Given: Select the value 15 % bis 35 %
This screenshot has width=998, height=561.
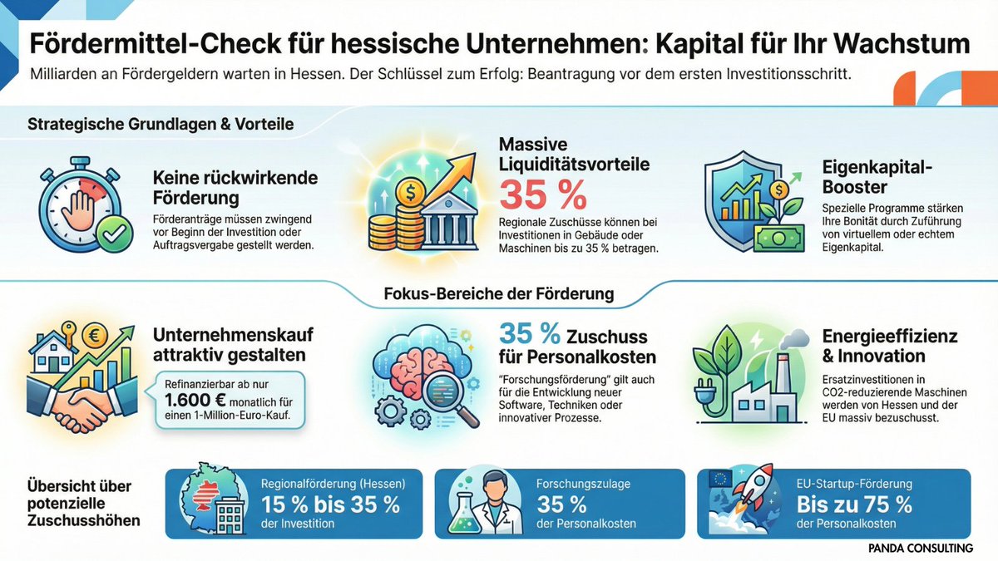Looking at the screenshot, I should pos(331,504).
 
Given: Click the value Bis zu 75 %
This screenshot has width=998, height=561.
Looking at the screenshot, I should pos(854,504).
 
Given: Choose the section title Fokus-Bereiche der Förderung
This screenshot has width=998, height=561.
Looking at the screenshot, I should pos(499,293).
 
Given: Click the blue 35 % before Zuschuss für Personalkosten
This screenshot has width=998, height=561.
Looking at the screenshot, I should pos(530,334).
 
